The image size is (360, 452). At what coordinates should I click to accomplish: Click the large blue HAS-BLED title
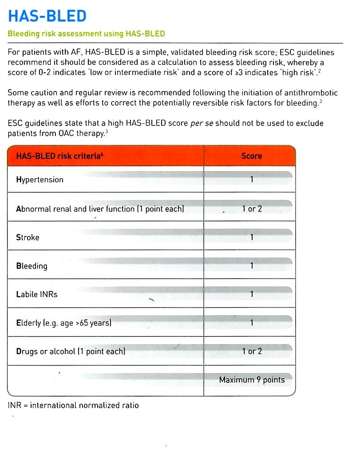click(x=47, y=16)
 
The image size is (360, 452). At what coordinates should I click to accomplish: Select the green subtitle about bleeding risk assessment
click(x=87, y=34)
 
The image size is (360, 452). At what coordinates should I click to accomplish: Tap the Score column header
click(x=252, y=156)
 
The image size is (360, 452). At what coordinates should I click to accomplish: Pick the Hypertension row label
click(x=40, y=180)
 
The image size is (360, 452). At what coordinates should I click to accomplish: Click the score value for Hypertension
click(x=252, y=180)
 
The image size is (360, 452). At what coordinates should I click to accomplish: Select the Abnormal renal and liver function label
click(x=100, y=208)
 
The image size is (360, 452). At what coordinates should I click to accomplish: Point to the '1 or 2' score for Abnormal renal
click(x=252, y=208)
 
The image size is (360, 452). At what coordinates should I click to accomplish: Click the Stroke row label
click(x=28, y=237)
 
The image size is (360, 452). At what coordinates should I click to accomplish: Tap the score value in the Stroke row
click(x=252, y=237)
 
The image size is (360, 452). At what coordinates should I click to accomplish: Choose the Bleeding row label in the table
click(x=32, y=266)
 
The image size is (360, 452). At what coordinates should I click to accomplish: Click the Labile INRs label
click(x=37, y=294)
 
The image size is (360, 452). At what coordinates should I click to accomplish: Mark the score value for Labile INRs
click(x=252, y=294)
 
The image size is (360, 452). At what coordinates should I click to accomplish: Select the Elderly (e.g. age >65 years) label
click(x=63, y=323)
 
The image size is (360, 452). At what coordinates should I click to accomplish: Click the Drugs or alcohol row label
click(x=71, y=351)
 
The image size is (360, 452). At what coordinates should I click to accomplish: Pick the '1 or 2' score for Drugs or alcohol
click(x=252, y=351)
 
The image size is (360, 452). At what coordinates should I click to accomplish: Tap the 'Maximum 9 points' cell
click(x=252, y=380)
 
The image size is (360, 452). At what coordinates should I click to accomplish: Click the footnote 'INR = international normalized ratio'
click(x=73, y=405)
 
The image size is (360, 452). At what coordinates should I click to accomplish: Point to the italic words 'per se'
click(x=202, y=123)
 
